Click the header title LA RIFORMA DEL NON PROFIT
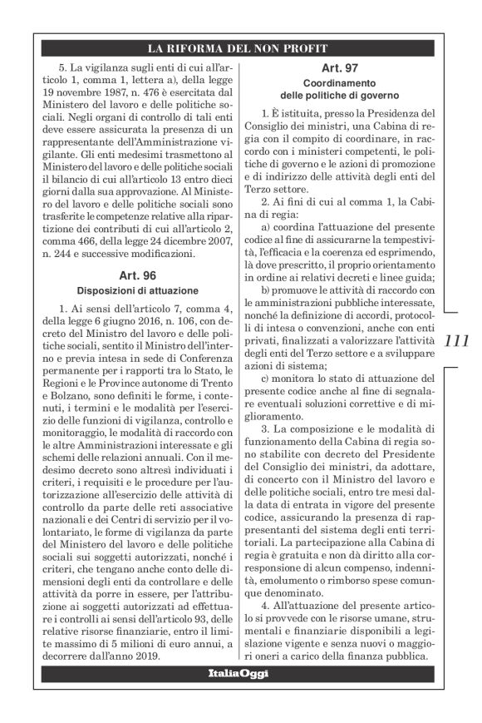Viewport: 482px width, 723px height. pos(241,47)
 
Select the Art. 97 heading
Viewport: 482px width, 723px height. pos(337,67)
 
